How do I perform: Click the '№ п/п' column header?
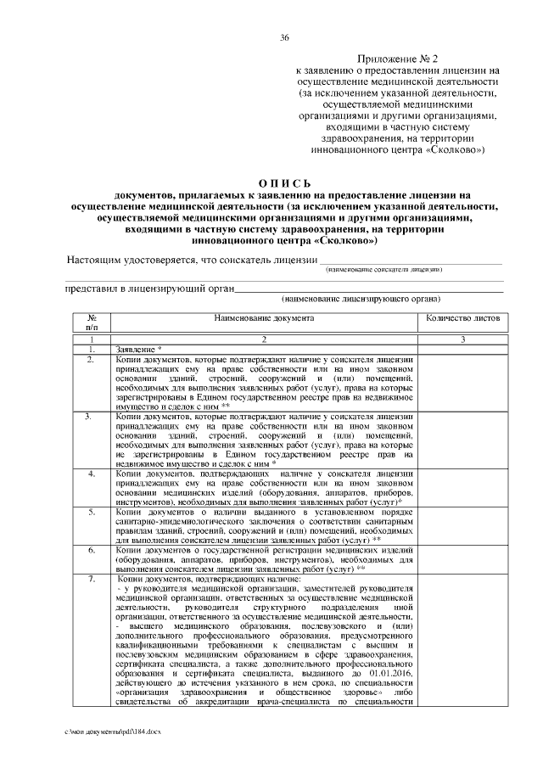coord(92,322)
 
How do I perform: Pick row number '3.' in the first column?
coord(92,417)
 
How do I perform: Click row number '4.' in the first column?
coord(92,473)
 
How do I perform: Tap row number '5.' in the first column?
coord(92,513)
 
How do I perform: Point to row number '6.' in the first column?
coord(92,551)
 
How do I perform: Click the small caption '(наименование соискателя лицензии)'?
coord(383,269)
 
